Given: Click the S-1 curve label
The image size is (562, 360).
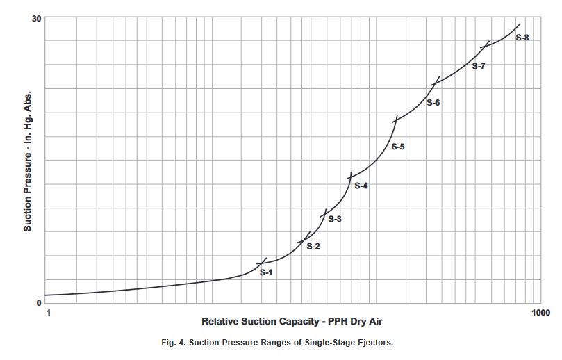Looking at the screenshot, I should (x=266, y=272).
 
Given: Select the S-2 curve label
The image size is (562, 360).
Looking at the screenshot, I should (x=313, y=247).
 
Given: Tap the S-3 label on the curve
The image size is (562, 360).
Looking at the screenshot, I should (x=335, y=220).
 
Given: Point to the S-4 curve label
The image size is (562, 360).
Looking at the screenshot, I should (x=361, y=186).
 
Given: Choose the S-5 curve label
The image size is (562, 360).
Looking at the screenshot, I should (x=397, y=147).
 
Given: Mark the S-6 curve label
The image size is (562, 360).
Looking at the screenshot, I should (x=433, y=103).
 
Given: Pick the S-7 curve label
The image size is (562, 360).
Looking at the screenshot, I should (x=478, y=66).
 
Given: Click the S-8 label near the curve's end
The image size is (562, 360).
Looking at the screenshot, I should (x=522, y=38).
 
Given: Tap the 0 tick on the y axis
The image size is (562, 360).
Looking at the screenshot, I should (x=39, y=303).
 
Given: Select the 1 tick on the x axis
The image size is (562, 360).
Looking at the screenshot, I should (x=48, y=313).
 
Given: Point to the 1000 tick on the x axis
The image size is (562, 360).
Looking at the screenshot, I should (x=540, y=313).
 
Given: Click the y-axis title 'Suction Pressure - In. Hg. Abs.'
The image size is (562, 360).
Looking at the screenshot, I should (x=28, y=161).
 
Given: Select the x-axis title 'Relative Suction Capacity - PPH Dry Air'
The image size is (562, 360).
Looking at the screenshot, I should (x=292, y=322).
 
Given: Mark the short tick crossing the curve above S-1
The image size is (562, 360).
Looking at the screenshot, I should (x=261, y=262).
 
